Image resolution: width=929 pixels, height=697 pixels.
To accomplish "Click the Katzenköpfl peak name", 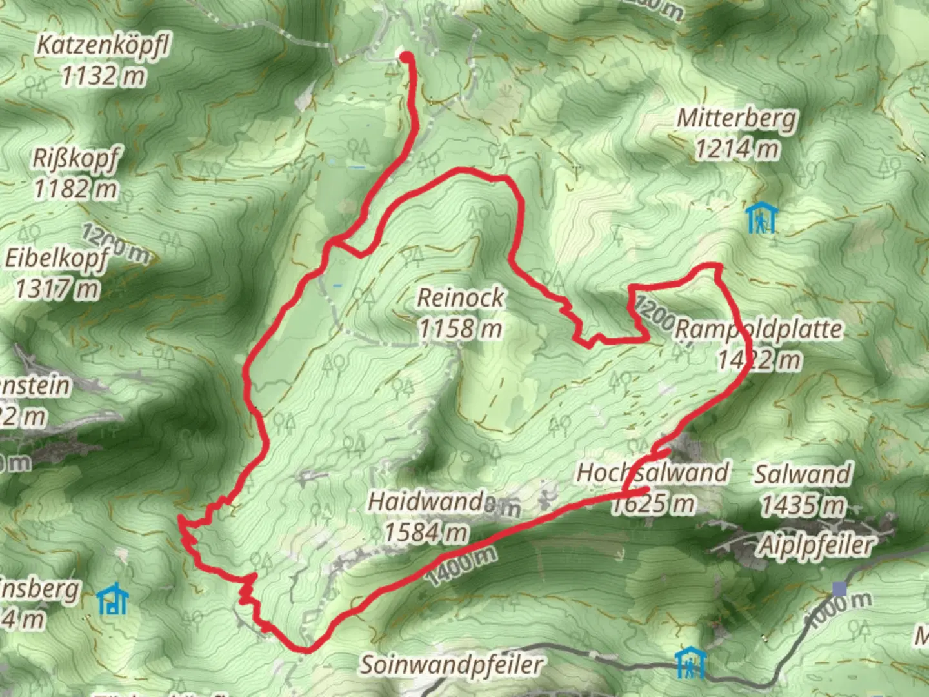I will (x=103, y=46).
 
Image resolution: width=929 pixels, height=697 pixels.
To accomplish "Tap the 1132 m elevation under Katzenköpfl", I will (x=103, y=76).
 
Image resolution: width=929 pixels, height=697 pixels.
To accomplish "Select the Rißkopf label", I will (x=76, y=158).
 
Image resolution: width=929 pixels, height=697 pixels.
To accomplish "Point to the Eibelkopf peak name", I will (x=57, y=258).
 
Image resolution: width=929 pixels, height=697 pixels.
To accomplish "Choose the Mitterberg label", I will (x=737, y=119).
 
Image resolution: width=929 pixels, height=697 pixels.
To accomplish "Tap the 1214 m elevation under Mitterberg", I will (x=737, y=150).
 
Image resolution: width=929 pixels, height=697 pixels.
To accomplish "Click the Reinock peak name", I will (x=460, y=298).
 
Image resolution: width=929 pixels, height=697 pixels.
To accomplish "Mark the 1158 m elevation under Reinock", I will (x=460, y=328).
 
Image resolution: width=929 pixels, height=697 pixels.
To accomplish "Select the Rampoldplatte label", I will (x=759, y=329).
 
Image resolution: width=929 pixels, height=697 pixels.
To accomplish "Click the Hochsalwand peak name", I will (x=652, y=472).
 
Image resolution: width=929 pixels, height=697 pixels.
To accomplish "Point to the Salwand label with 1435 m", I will (x=803, y=474).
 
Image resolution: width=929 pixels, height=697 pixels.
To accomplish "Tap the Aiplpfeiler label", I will (x=815, y=545).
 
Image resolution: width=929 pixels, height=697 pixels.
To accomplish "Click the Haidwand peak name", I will (x=425, y=501).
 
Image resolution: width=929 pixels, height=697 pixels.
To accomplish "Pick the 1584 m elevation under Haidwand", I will (x=426, y=532).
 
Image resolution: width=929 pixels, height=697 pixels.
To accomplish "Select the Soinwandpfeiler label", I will (x=452, y=663).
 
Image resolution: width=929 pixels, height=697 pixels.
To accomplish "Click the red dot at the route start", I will (x=406, y=57).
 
